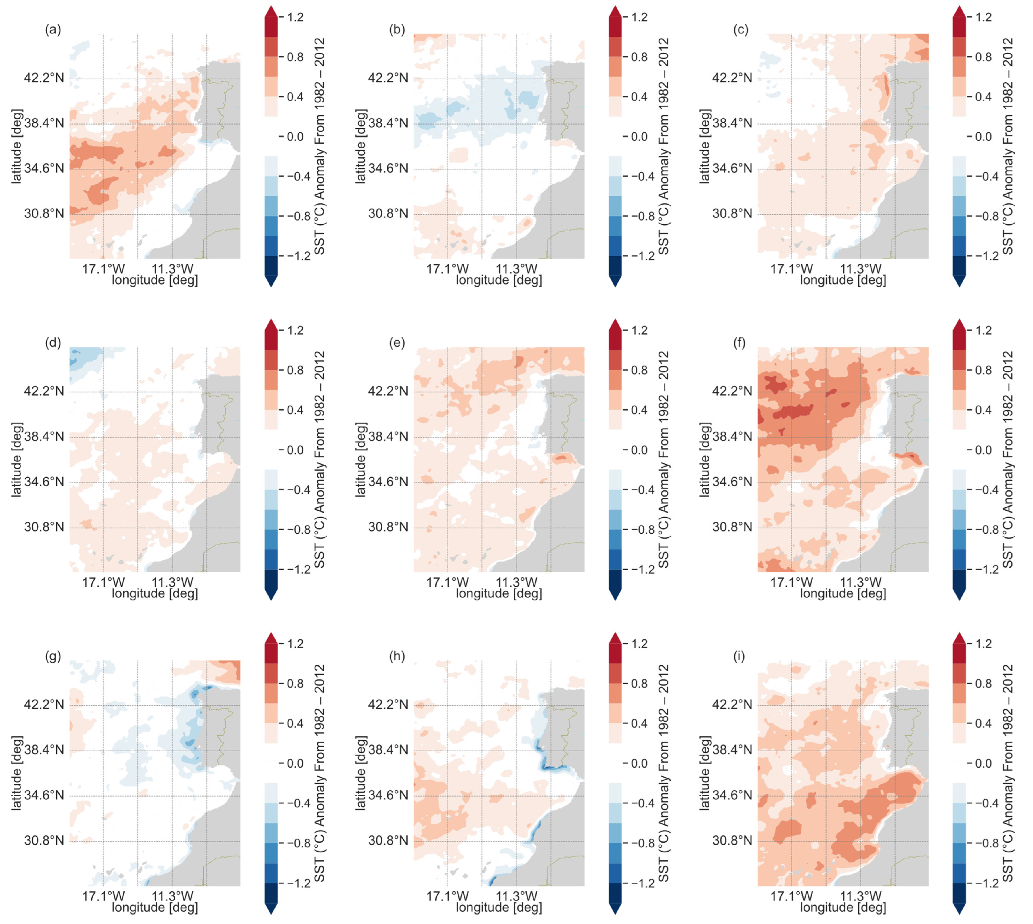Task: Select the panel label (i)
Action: (740, 656)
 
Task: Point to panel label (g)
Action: (53, 656)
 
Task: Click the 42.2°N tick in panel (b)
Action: (388, 78)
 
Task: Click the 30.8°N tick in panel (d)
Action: (44, 527)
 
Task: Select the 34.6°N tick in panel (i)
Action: (732, 795)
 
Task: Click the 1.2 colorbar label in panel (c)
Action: (984, 17)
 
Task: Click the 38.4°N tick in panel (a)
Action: (44, 123)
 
